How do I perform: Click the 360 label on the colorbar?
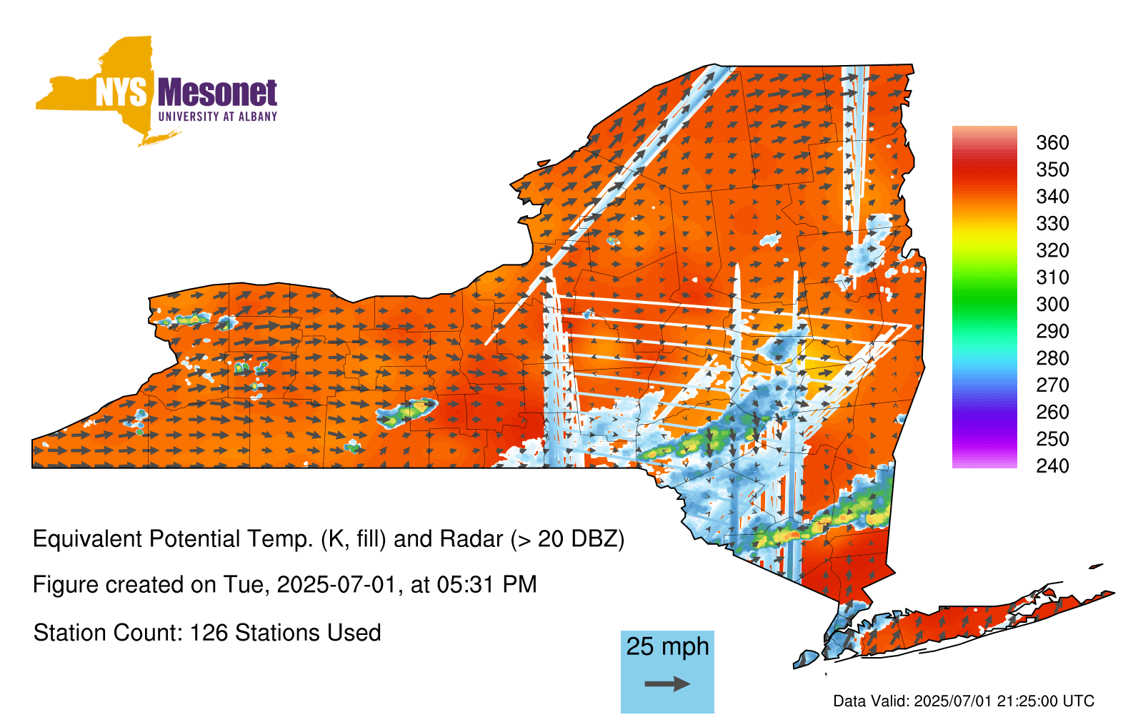pyautogui.click(x=1052, y=142)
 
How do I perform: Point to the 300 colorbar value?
pyautogui.click(x=1052, y=305)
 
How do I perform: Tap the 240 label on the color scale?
pyautogui.click(x=1052, y=465)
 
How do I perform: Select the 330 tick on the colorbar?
pyautogui.click(x=1052, y=223)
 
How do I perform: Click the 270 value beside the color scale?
pyautogui.click(x=1052, y=385)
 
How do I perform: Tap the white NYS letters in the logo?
pyautogui.click(x=121, y=92)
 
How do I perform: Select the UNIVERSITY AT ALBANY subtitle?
pyautogui.click(x=218, y=117)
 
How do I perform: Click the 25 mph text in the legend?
pyautogui.click(x=667, y=646)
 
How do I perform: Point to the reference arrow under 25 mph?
pyautogui.click(x=667, y=684)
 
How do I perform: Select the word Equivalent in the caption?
pyautogui.click(x=87, y=539)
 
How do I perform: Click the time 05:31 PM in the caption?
pyautogui.click(x=486, y=585)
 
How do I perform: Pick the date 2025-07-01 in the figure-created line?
pyautogui.click(x=336, y=585)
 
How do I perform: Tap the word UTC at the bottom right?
pyautogui.click(x=1077, y=701)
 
